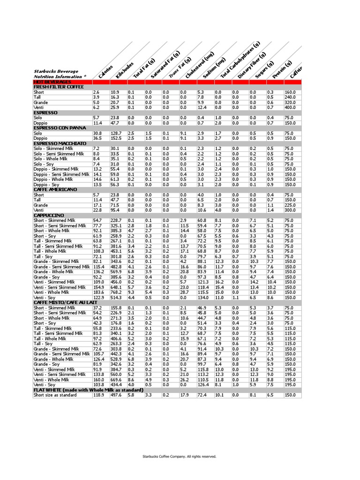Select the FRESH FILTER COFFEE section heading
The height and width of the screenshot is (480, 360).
[58, 87]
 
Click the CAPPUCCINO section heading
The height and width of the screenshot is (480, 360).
[48, 215]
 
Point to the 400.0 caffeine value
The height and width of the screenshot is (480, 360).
[292, 108]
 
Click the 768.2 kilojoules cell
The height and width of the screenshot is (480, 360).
[116, 292]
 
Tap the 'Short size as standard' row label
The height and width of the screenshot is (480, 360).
[54, 395]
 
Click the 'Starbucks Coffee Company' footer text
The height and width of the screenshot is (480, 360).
[180, 456]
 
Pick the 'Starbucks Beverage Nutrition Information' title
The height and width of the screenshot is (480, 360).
[60, 74]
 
